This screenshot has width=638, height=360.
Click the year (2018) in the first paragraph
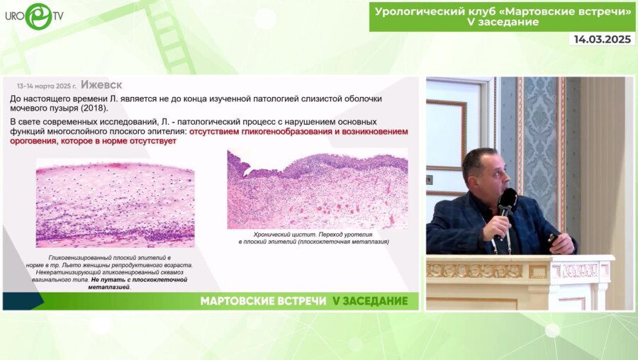(91, 108)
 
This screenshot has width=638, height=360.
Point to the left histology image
(115, 203)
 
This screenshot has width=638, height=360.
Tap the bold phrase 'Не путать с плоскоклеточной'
(138, 279)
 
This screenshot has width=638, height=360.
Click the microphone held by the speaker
(507, 202)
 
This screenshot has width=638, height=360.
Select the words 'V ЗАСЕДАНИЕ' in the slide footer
(370, 301)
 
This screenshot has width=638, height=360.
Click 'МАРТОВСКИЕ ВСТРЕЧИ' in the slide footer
(262, 301)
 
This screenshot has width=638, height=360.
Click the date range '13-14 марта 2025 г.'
(46, 85)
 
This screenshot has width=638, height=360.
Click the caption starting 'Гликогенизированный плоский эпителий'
(110, 256)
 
